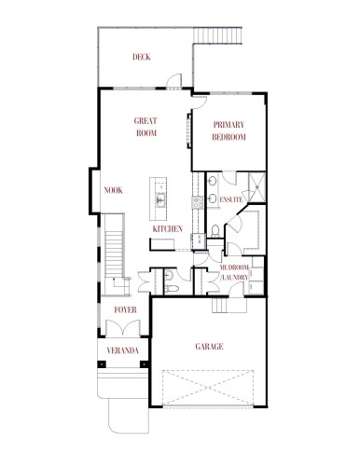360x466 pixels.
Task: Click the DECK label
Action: [141, 58]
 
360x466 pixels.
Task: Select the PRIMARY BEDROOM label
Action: [228, 131]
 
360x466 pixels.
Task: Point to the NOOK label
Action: [114, 190]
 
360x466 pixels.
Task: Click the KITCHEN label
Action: [167, 228]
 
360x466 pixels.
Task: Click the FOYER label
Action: [124, 308]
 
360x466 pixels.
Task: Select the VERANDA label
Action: [123, 350]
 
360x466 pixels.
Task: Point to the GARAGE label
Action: [209, 346]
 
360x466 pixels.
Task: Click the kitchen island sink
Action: [160, 198]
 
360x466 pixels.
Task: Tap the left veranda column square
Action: [101, 364]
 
